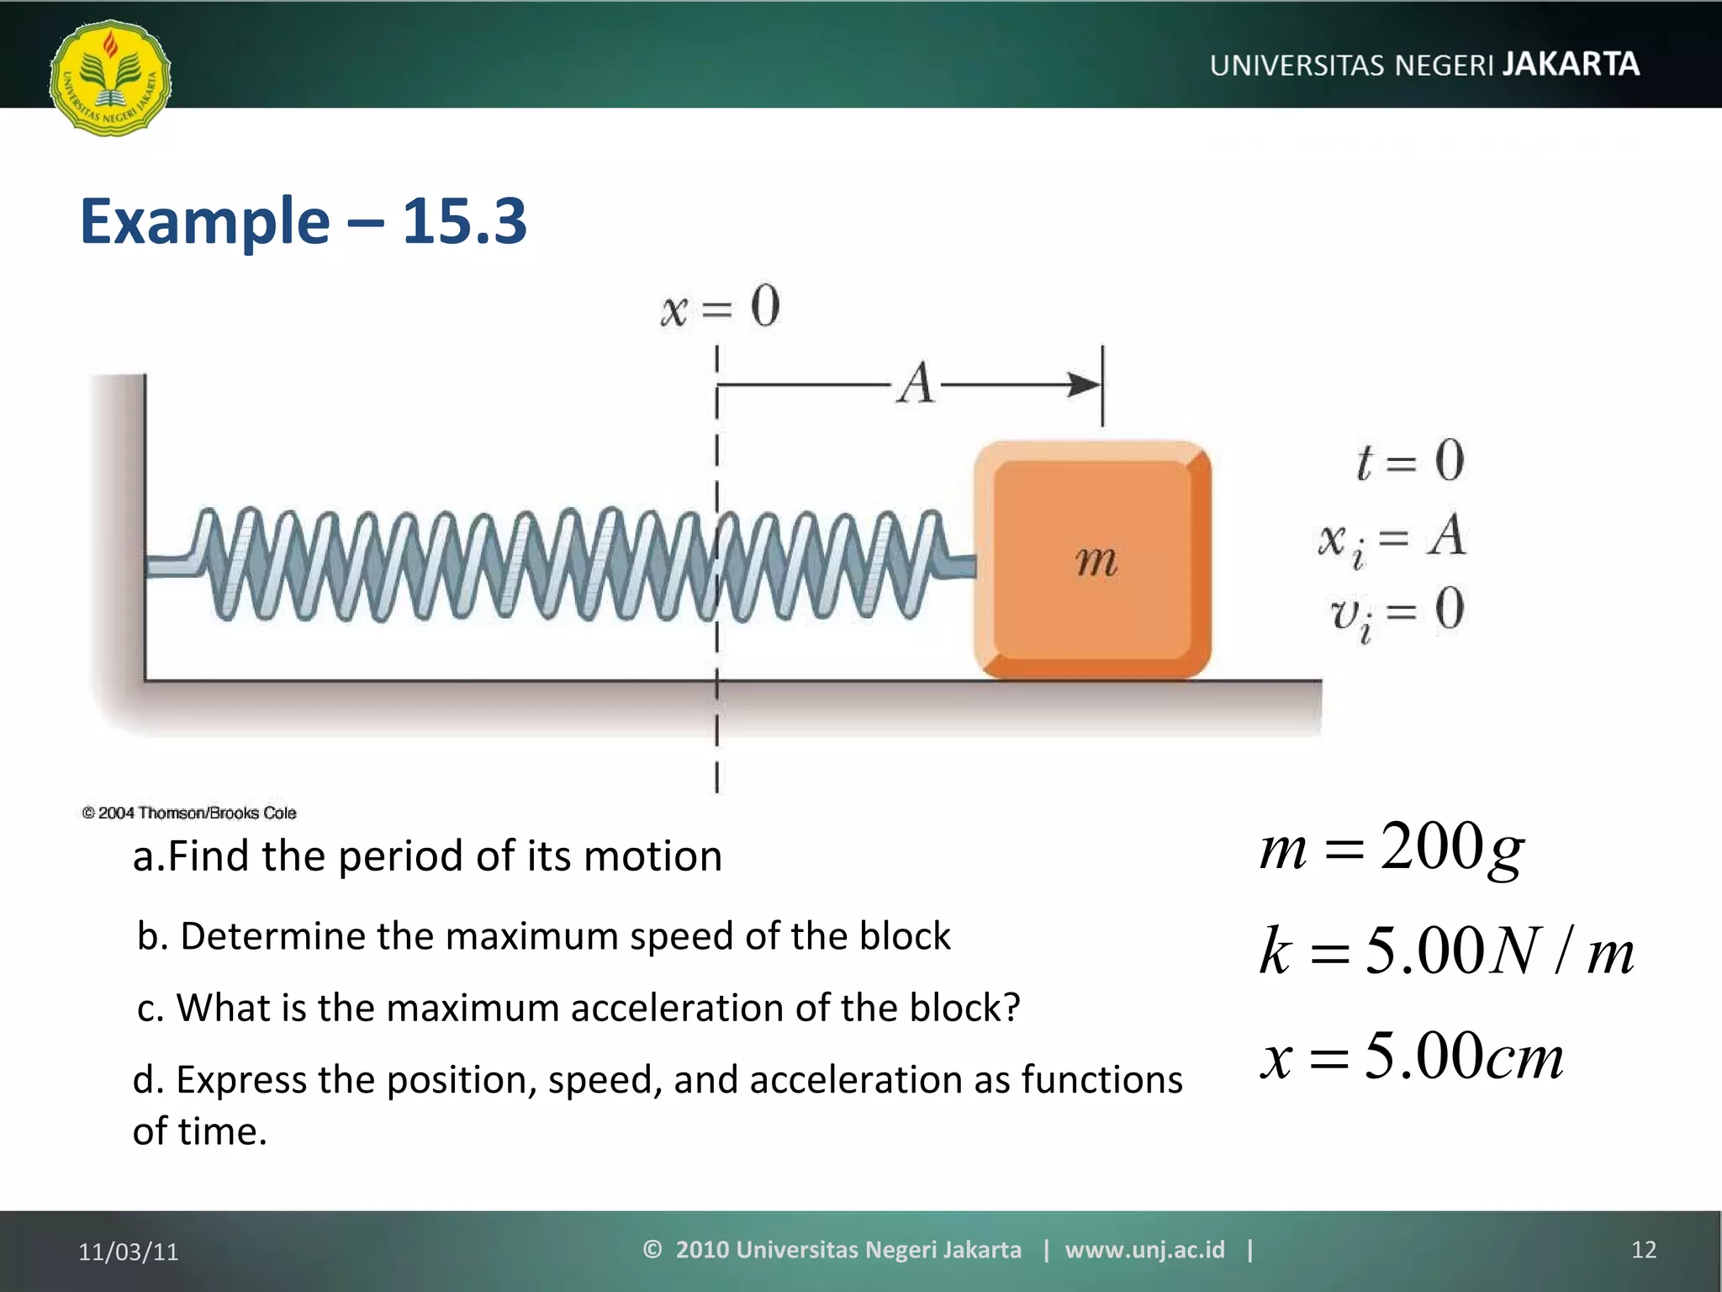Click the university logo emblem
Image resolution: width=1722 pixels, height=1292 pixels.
tap(110, 77)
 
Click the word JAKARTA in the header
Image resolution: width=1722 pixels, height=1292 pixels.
tap(1571, 65)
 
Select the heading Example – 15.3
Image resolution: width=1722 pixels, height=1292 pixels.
tap(303, 220)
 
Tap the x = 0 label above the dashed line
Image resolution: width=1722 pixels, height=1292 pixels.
tap(721, 307)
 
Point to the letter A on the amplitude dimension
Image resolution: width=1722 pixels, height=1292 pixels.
tap(916, 384)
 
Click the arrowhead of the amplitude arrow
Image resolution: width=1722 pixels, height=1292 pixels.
tap(1085, 385)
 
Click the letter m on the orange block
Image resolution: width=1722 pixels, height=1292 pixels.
tap(1096, 560)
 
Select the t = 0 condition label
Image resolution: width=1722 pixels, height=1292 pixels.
tap(1410, 461)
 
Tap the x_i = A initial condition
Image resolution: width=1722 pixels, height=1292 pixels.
tap(1392, 537)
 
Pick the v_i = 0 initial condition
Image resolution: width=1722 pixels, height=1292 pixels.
tap(1397, 612)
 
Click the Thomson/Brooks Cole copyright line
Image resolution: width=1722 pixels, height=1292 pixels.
tap(189, 813)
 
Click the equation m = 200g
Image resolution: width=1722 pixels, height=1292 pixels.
tap(1392, 848)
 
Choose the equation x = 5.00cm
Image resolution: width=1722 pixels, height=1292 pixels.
tap(1412, 1056)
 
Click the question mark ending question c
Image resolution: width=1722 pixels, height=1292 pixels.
tap(1012, 1007)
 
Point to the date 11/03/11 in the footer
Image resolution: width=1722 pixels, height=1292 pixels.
tap(129, 1252)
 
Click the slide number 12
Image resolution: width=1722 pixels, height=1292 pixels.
tap(1643, 1250)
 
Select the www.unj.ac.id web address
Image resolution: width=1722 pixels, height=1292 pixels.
tap(1144, 1250)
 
